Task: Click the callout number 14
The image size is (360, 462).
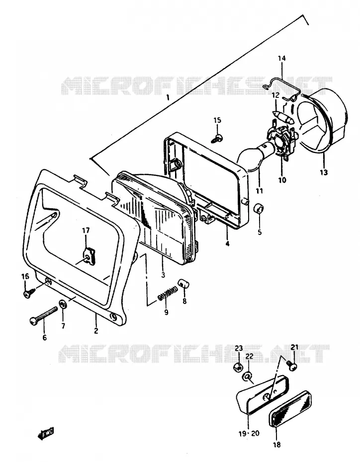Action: point(281,58)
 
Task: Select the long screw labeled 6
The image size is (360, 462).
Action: point(43,316)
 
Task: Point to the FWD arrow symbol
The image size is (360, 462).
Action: point(46,434)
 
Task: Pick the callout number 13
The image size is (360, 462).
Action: point(324,172)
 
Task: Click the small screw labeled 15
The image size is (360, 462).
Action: point(217,139)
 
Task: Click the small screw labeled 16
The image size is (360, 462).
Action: point(29,292)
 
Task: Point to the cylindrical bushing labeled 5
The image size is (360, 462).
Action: point(259,209)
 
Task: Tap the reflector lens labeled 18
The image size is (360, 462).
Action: point(290,407)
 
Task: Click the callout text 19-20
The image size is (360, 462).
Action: point(249,433)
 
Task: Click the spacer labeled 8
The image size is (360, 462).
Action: point(183,285)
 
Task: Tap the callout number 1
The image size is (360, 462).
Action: point(168,97)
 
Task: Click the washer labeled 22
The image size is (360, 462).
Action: point(248,377)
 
